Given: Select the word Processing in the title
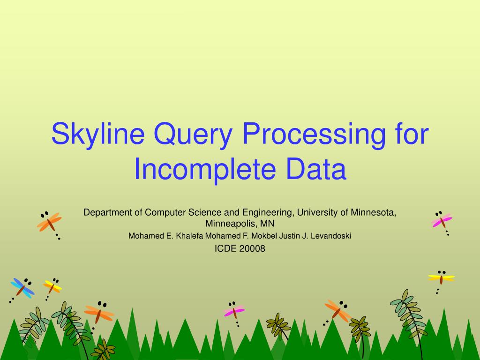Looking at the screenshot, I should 315,135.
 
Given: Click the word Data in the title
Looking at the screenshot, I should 319,170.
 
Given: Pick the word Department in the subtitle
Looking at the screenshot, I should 107,212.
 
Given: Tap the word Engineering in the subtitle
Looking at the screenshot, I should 267,212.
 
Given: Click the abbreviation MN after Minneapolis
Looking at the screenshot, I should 268,223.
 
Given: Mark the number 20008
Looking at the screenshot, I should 252,249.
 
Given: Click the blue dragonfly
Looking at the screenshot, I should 22,287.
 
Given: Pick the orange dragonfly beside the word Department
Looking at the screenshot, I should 49,222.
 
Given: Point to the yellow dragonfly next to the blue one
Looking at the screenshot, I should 52,286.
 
